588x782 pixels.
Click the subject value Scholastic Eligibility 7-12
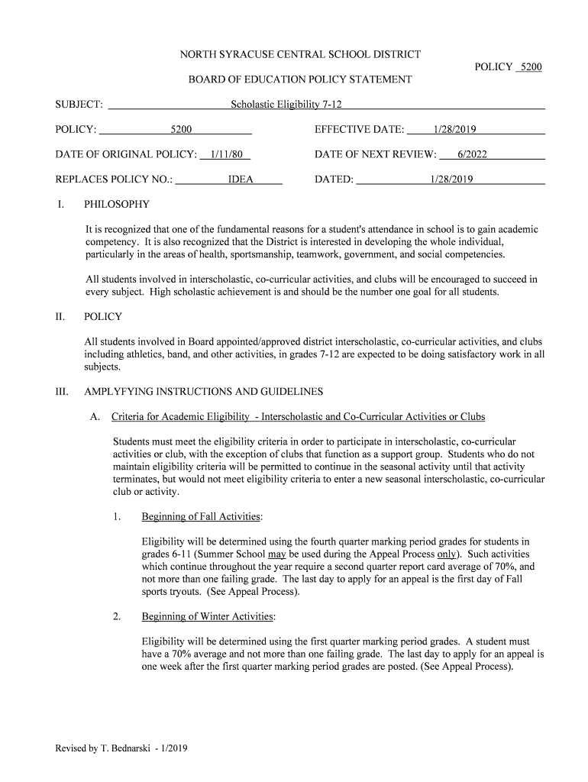pyautogui.click(x=291, y=105)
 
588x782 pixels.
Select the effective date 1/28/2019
pyautogui.click(x=454, y=130)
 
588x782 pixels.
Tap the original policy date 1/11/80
pyautogui.click(x=225, y=154)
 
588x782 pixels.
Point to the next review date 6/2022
pyautogui.click(x=472, y=154)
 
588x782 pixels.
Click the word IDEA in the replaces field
pyautogui.click(x=241, y=179)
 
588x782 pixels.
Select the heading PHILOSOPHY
pyautogui.click(x=117, y=205)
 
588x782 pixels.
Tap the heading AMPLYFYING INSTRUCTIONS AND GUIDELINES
pyautogui.click(x=203, y=392)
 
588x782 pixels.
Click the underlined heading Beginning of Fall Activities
pyautogui.click(x=201, y=517)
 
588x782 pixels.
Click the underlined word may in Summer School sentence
pyautogui.click(x=276, y=554)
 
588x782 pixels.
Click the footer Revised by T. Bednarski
pyautogui.click(x=121, y=748)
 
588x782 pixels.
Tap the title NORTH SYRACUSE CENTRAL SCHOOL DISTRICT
pyautogui.click(x=300, y=55)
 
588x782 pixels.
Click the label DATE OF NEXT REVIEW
pyautogui.click(x=375, y=154)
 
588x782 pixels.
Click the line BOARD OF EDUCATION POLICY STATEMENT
pyautogui.click(x=300, y=79)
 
